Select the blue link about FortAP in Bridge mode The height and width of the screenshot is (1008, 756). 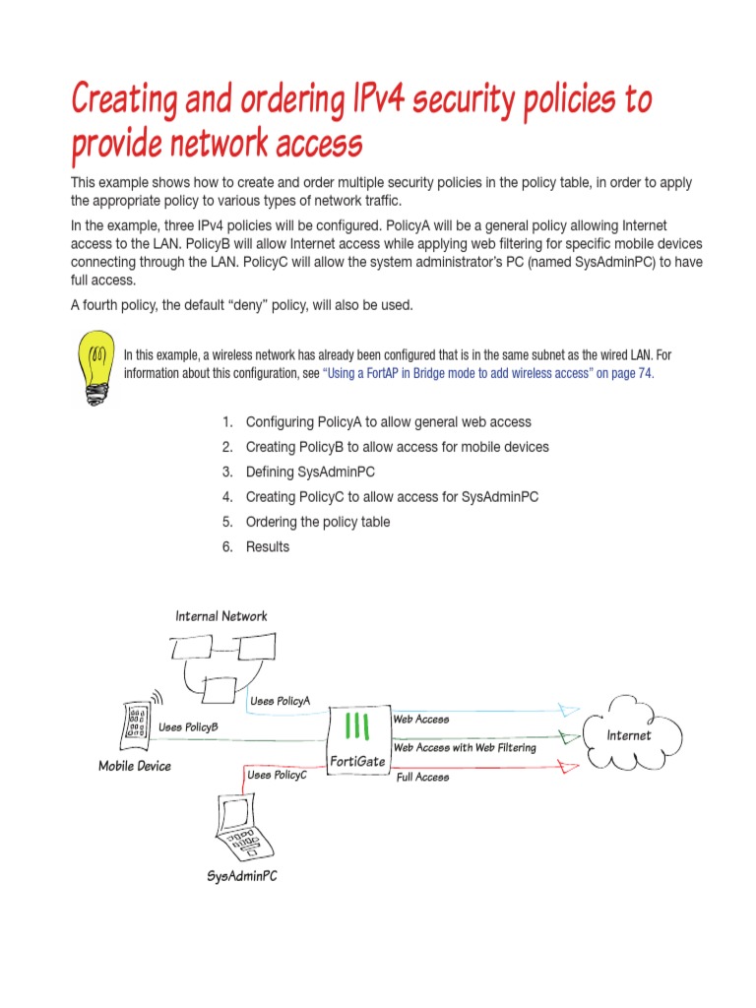[x=487, y=374]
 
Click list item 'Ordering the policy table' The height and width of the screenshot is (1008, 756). [x=317, y=522]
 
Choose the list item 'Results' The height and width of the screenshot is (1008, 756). [x=267, y=546]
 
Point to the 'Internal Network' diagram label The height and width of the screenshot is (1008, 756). [x=220, y=616]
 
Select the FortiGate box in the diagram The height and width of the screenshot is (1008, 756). [x=357, y=739]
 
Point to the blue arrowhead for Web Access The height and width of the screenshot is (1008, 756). [x=568, y=709]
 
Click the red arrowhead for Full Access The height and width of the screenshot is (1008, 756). [x=568, y=768]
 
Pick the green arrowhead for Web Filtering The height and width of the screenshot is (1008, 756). [x=568, y=736]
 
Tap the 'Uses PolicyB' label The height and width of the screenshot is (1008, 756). [x=188, y=727]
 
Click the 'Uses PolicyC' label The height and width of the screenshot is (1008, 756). [x=277, y=776]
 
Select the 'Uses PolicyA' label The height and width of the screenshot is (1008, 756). [x=280, y=701]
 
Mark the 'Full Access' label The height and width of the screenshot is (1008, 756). [x=422, y=778]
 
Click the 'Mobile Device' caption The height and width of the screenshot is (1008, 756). [x=134, y=766]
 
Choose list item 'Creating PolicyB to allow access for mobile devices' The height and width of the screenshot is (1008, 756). [x=397, y=447]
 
